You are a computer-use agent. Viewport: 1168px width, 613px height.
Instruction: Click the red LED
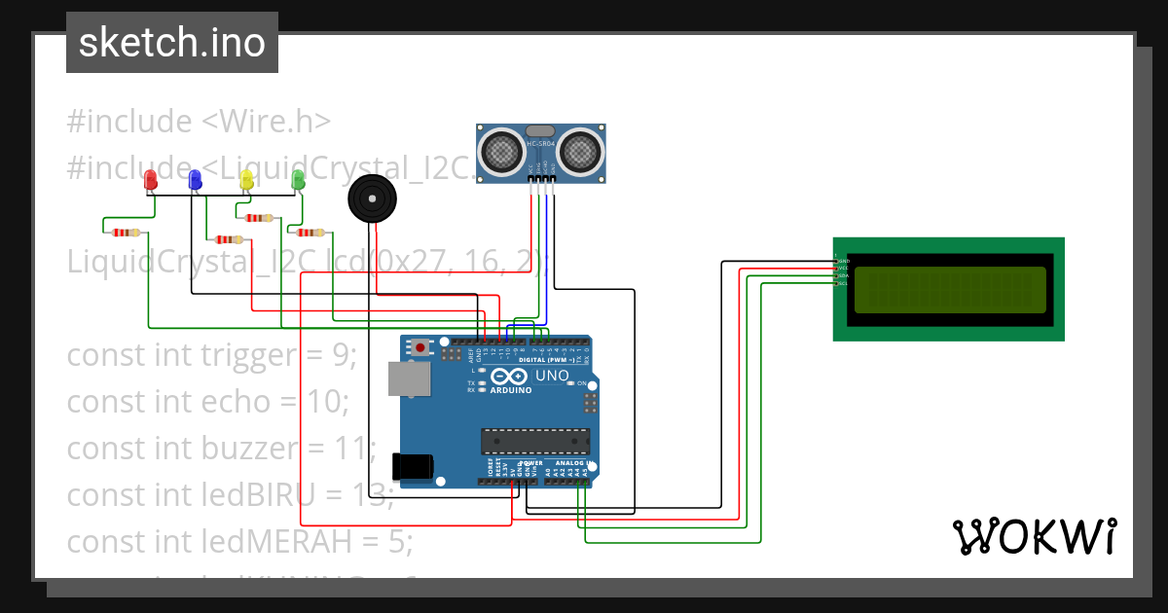(150, 179)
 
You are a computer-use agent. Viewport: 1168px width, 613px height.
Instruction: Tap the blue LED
(195, 179)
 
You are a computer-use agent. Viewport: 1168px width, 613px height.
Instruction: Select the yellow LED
(246, 179)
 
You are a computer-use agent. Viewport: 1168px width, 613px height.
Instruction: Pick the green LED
(299, 179)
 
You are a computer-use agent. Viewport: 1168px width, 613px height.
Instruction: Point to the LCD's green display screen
(950, 289)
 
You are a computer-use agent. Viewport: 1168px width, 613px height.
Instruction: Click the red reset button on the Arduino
(420, 346)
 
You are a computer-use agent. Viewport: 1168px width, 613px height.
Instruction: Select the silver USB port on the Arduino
(408, 379)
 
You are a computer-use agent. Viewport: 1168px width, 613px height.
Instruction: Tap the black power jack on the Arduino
(412, 466)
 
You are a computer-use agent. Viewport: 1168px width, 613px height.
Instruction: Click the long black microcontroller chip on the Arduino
(534, 441)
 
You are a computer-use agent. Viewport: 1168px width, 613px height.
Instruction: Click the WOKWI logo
(1034, 537)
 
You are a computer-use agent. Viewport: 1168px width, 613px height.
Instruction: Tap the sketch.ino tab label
(172, 43)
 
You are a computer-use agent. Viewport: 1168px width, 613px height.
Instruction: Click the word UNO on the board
(552, 376)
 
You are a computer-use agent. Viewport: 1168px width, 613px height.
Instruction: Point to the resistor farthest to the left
(126, 232)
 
